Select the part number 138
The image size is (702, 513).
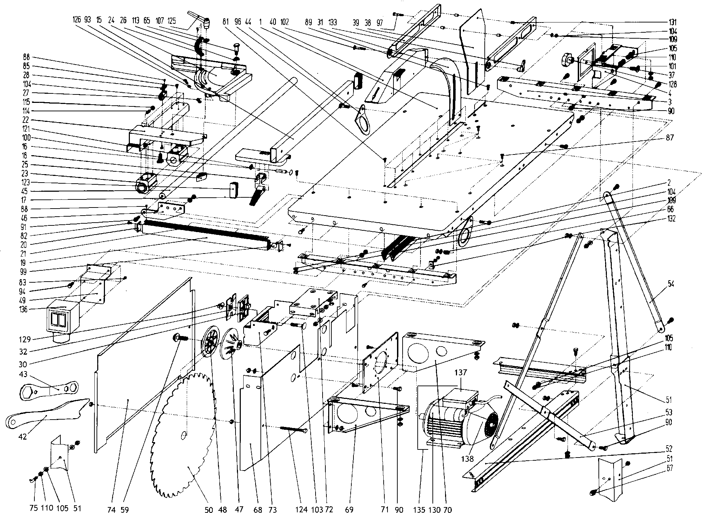[468, 459]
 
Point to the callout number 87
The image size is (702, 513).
[670, 138]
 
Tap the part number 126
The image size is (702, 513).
[76, 20]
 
